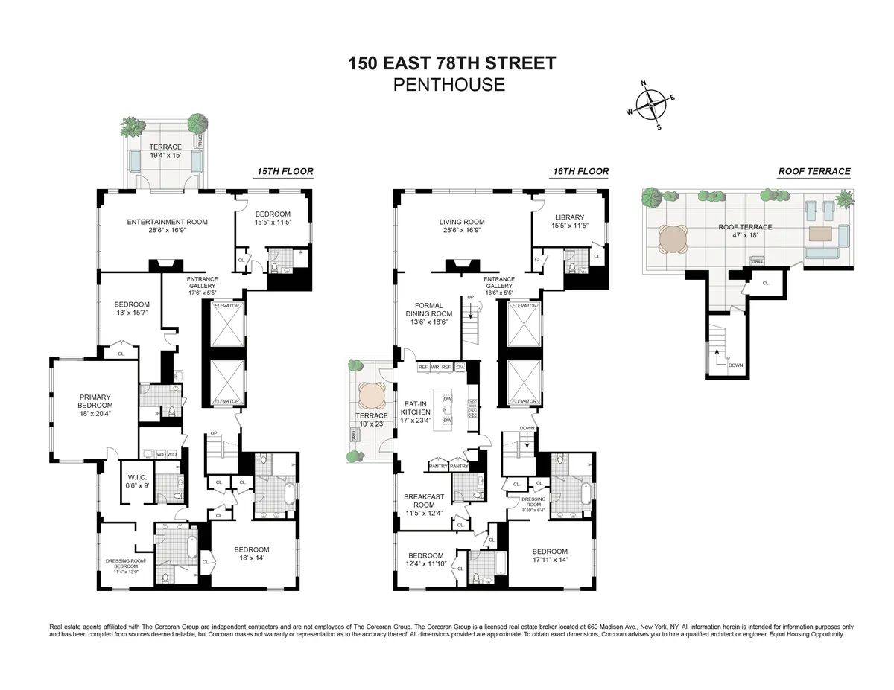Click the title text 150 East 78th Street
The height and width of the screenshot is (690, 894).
tap(452, 63)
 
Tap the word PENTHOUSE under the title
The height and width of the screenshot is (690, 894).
tap(448, 85)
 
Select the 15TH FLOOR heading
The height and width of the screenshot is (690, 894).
tap(285, 172)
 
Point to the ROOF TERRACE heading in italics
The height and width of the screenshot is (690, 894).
tap(814, 171)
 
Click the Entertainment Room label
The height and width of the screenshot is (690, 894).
tap(167, 222)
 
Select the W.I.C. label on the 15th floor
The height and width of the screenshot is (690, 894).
tap(136, 478)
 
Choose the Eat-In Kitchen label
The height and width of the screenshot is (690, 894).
tap(415, 407)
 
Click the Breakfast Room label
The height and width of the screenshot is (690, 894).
tap(424, 497)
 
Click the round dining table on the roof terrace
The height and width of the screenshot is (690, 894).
tap(674, 241)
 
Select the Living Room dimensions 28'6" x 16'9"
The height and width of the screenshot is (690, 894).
tap(462, 230)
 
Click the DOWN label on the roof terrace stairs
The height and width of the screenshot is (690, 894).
tap(736, 365)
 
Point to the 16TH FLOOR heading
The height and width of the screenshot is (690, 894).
tap(581, 172)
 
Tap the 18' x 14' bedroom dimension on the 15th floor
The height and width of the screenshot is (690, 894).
tap(253, 558)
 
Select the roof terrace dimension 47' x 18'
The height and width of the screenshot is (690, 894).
tap(745, 235)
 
